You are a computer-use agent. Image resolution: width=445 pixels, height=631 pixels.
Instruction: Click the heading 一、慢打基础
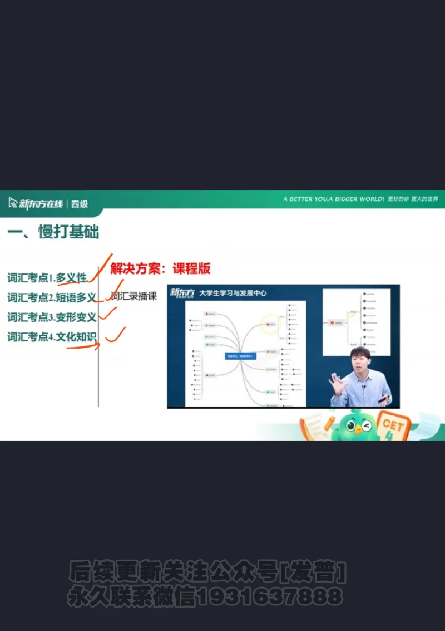click(53, 232)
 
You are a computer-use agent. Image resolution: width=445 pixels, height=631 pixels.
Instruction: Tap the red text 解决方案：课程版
click(160, 268)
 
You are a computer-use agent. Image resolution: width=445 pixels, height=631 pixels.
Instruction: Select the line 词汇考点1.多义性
click(47, 277)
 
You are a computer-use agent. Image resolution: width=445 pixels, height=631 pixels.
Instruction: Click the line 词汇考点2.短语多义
click(52, 297)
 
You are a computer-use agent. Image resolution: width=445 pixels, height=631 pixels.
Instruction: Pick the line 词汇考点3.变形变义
click(52, 317)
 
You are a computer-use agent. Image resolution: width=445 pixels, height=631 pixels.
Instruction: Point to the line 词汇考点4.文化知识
click(52, 336)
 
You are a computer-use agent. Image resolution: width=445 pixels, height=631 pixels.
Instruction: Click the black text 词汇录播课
click(133, 296)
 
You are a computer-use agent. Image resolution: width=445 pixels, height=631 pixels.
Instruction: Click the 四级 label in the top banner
click(80, 204)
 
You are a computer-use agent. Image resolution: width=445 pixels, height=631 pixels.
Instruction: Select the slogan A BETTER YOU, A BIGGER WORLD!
click(333, 199)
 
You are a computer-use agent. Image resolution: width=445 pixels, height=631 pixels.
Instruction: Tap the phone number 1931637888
click(270, 597)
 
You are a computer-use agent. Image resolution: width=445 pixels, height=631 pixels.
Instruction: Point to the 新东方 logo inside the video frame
click(182, 293)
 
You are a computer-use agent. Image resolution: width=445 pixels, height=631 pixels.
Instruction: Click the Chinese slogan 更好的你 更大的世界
click(413, 199)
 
